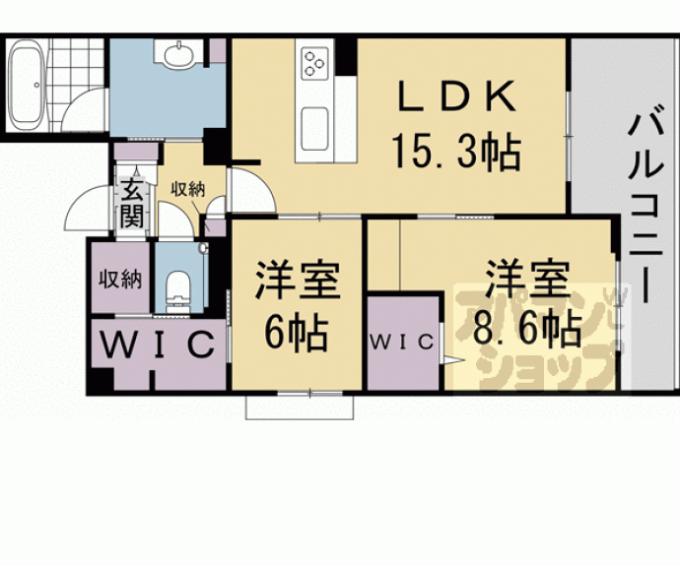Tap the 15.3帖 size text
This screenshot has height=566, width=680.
click(455, 152)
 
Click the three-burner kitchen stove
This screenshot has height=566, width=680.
click(314, 65)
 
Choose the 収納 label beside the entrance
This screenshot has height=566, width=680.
click(187, 190)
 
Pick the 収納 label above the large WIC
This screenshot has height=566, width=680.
click(121, 279)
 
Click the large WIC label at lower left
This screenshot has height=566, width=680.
click(158, 346)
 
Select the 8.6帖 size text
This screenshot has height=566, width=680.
click(526, 328)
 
